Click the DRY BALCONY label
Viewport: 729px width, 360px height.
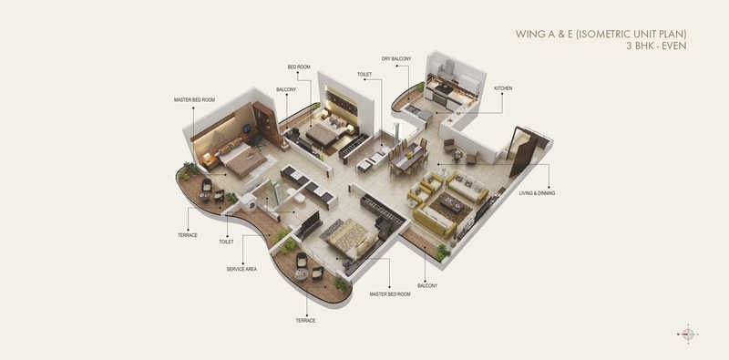coord(396,58)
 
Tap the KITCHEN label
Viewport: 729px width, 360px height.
coord(503,88)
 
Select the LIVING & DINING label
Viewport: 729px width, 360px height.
coord(537,193)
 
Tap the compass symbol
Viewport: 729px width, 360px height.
coord(687,334)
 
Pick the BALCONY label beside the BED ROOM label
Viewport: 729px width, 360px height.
coord(285,89)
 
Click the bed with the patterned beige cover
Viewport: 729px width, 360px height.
coord(346,236)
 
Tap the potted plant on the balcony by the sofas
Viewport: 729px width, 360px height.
coord(443,250)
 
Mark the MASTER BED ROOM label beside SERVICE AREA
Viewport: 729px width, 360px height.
coord(389,294)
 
